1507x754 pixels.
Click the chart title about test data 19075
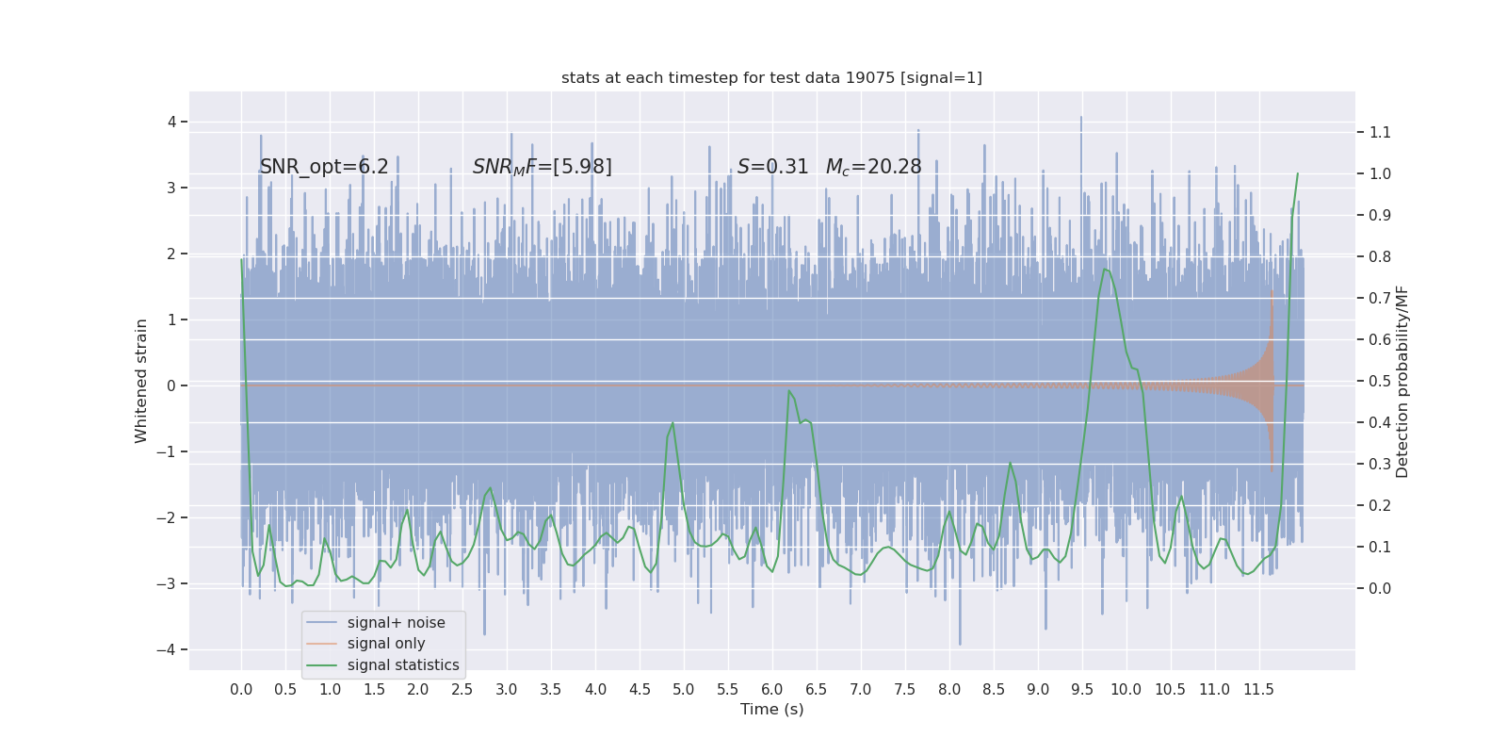point(771,78)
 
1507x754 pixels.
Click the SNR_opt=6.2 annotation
point(324,167)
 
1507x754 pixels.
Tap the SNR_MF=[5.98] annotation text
point(542,167)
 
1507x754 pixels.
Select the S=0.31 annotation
point(772,167)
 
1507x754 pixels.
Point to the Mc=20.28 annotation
point(873,167)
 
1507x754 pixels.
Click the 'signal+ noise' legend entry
point(396,623)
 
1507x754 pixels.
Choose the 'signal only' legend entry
point(386,644)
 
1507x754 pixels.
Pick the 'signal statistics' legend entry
point(403,665)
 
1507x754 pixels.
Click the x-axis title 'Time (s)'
point(771,710)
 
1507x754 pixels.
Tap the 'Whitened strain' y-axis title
point(141,381)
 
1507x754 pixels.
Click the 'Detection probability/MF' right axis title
point(1402,382)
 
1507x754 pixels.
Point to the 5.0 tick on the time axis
point(683,690)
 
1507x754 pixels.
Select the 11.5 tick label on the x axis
point(1258,690)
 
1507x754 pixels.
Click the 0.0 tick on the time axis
point(241,690)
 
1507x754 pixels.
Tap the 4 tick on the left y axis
point(172,122)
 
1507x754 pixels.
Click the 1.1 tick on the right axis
point(1380,132)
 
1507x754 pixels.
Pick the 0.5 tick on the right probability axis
point(1380,381)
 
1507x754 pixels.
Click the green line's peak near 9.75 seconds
point(1105,270)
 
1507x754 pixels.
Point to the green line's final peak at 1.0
point(1297,173)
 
